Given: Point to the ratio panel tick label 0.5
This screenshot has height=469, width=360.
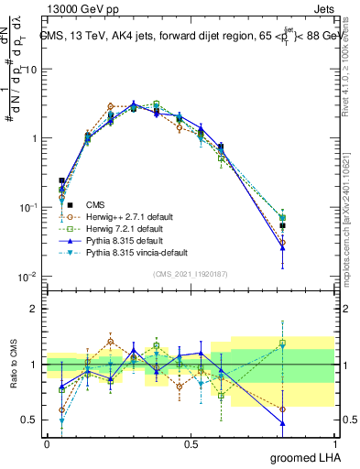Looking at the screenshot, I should (x=31, y=420).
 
